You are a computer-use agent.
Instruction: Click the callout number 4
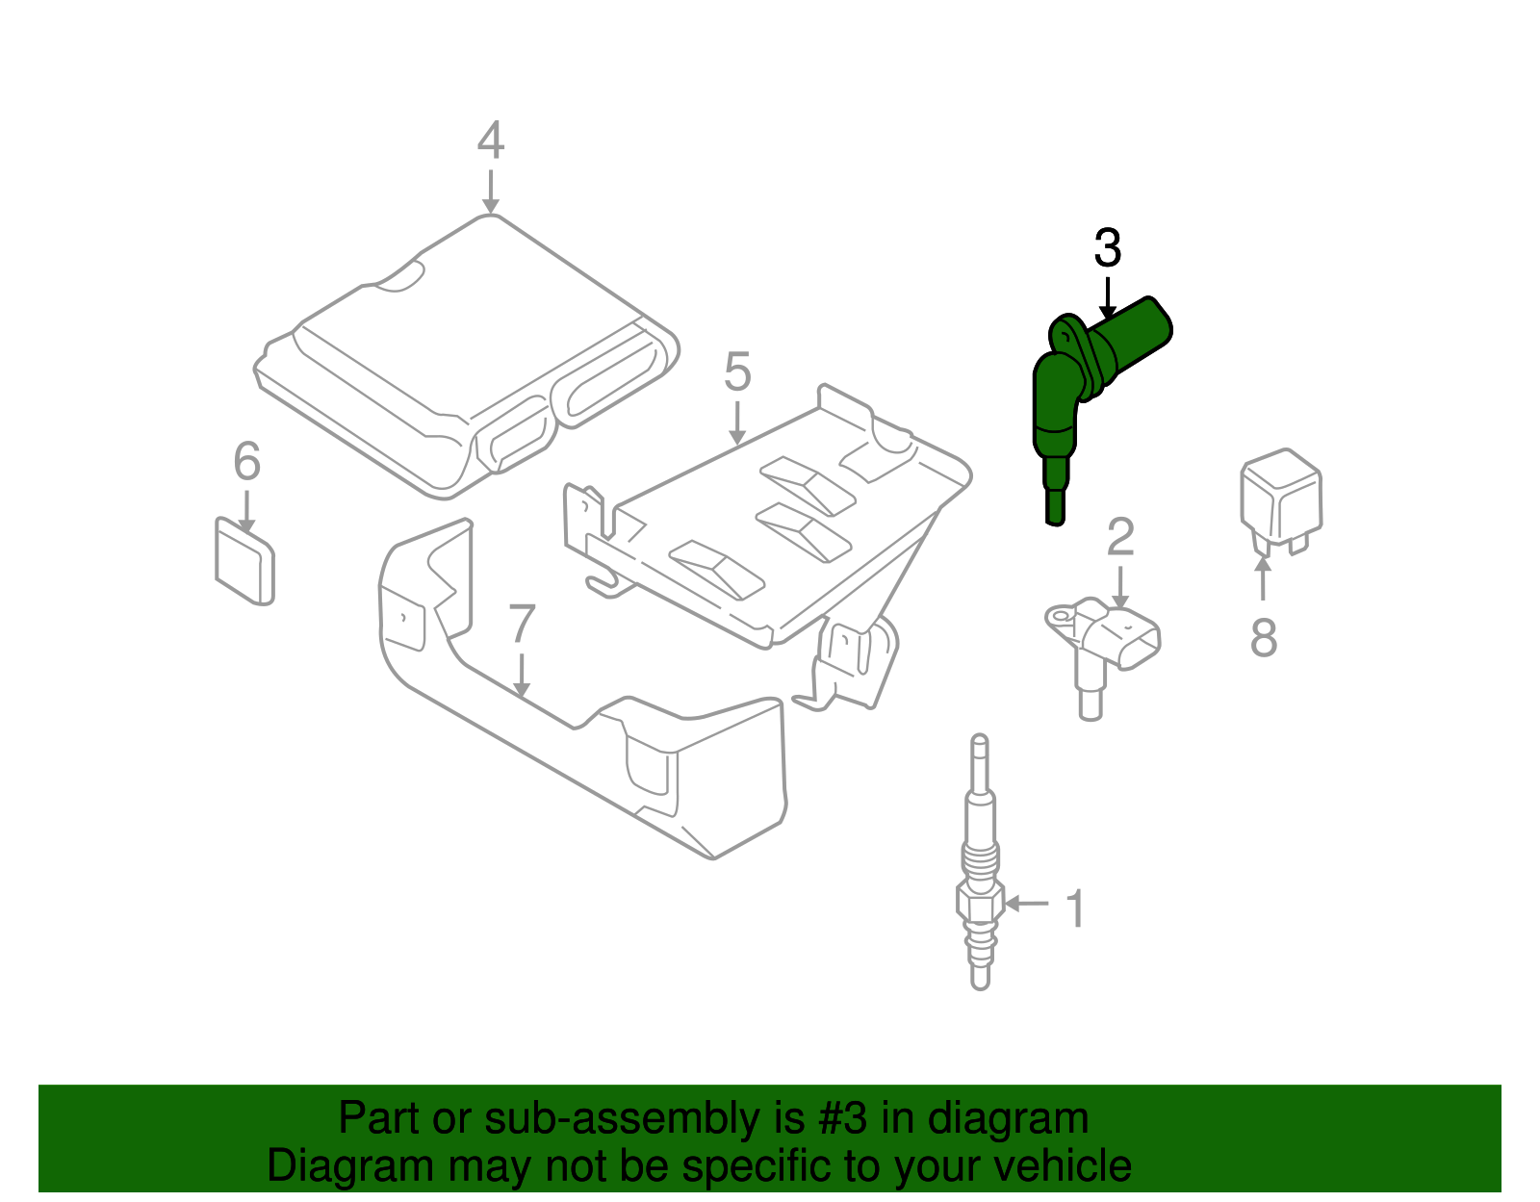click(x=490, y=141)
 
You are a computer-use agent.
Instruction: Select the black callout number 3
click(x=1107, y=249)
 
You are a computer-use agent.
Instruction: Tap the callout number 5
click(x=736, y=371)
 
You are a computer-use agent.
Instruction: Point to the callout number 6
click(x=247, y=462)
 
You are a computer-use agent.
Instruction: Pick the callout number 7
click(x=521, y=625)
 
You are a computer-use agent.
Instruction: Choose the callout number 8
click(x=1263, y=637)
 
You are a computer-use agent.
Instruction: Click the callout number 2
click(x=1119, y=537)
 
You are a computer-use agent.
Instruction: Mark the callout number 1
click(x=1076, y=908)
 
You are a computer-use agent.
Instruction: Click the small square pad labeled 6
click(x=244, y=563)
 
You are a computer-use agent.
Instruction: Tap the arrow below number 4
click(x=491, y=192)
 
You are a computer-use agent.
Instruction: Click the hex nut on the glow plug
click(x=980, y=902)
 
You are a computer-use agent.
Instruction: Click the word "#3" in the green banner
click(x=842, y=1118)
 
